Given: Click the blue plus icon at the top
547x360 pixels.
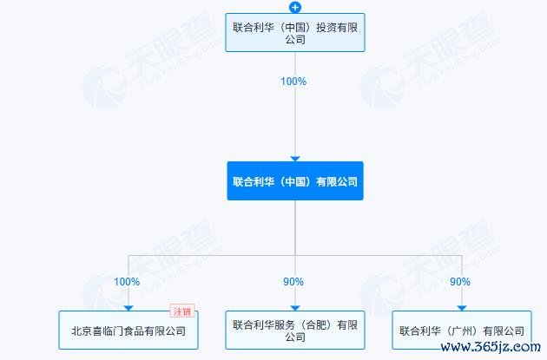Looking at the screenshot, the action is [x=295, y=7].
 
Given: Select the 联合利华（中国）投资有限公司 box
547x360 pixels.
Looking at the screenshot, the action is [x=295, y=33].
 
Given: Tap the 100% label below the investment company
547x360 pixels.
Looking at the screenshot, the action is [x=293, y=82].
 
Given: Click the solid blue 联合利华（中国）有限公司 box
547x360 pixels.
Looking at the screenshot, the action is [x=295, y=181].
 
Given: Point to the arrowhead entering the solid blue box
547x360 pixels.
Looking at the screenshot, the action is [x=295, y=159].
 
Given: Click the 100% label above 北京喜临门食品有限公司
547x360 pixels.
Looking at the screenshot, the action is [x=127, y=282].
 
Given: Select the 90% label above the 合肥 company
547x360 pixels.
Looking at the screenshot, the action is [x=293, y=282].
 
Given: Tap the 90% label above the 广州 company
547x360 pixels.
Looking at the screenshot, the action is [x=460, y=282].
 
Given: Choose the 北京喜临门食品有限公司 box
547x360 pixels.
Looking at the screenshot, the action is [x=129, y=330].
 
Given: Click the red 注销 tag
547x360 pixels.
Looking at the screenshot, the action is [x=182, y=311].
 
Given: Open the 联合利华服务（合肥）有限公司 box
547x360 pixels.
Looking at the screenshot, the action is [x=295, y=330].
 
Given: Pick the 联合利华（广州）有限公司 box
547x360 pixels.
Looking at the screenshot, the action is [x=462, y=330].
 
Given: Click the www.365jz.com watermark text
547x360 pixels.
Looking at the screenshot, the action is [x=491, y=347].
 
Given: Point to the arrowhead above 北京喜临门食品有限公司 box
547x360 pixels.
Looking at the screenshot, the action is [x=129, y=308].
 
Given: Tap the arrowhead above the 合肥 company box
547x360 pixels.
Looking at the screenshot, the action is [x=295, y=308].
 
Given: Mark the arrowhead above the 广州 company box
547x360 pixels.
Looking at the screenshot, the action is [x=462, y=308].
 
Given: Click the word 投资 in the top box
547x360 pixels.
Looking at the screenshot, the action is [x=326, y=27].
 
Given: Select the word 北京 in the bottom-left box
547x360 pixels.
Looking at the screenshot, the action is [x=82, y=331].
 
